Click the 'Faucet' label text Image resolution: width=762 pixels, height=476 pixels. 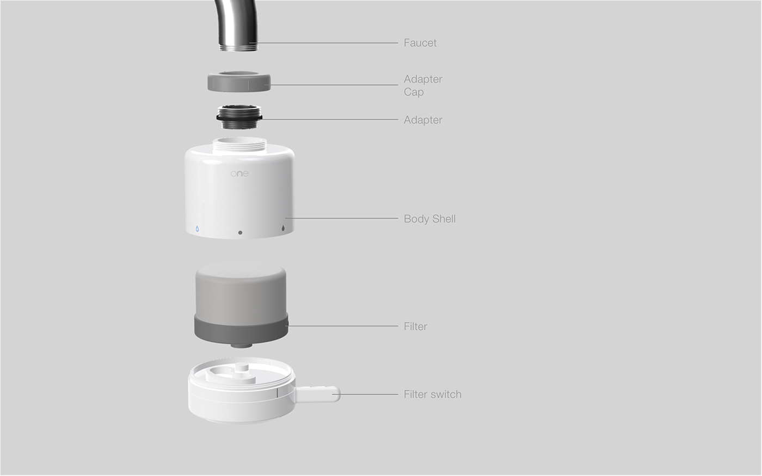coord(420,42)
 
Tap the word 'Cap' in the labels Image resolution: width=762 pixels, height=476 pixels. coord(413,92)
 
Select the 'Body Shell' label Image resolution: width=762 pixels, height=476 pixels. coord(429,219)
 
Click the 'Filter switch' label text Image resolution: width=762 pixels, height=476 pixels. coord(432,394)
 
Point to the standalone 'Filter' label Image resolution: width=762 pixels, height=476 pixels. coord(415,326)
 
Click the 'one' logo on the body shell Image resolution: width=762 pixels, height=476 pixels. coord(239,174)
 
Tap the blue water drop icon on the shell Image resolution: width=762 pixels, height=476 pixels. coord(197,229)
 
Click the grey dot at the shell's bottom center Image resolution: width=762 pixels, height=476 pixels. coord(240,232)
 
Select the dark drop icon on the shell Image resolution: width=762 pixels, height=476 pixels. coord(283,228)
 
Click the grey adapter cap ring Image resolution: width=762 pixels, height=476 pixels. coord(239,83)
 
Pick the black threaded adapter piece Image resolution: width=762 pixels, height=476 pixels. coord(239,118)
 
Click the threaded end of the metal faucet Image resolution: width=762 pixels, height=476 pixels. coord(238,47)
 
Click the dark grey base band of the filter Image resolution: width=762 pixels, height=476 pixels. coord(241,329)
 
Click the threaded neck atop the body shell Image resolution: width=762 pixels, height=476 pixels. coord(239,144)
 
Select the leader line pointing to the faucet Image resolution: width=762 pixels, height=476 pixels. coord(327,42)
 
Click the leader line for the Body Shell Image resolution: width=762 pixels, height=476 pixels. coord(343,218)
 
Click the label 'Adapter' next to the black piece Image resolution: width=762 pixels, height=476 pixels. coord(423,120)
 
